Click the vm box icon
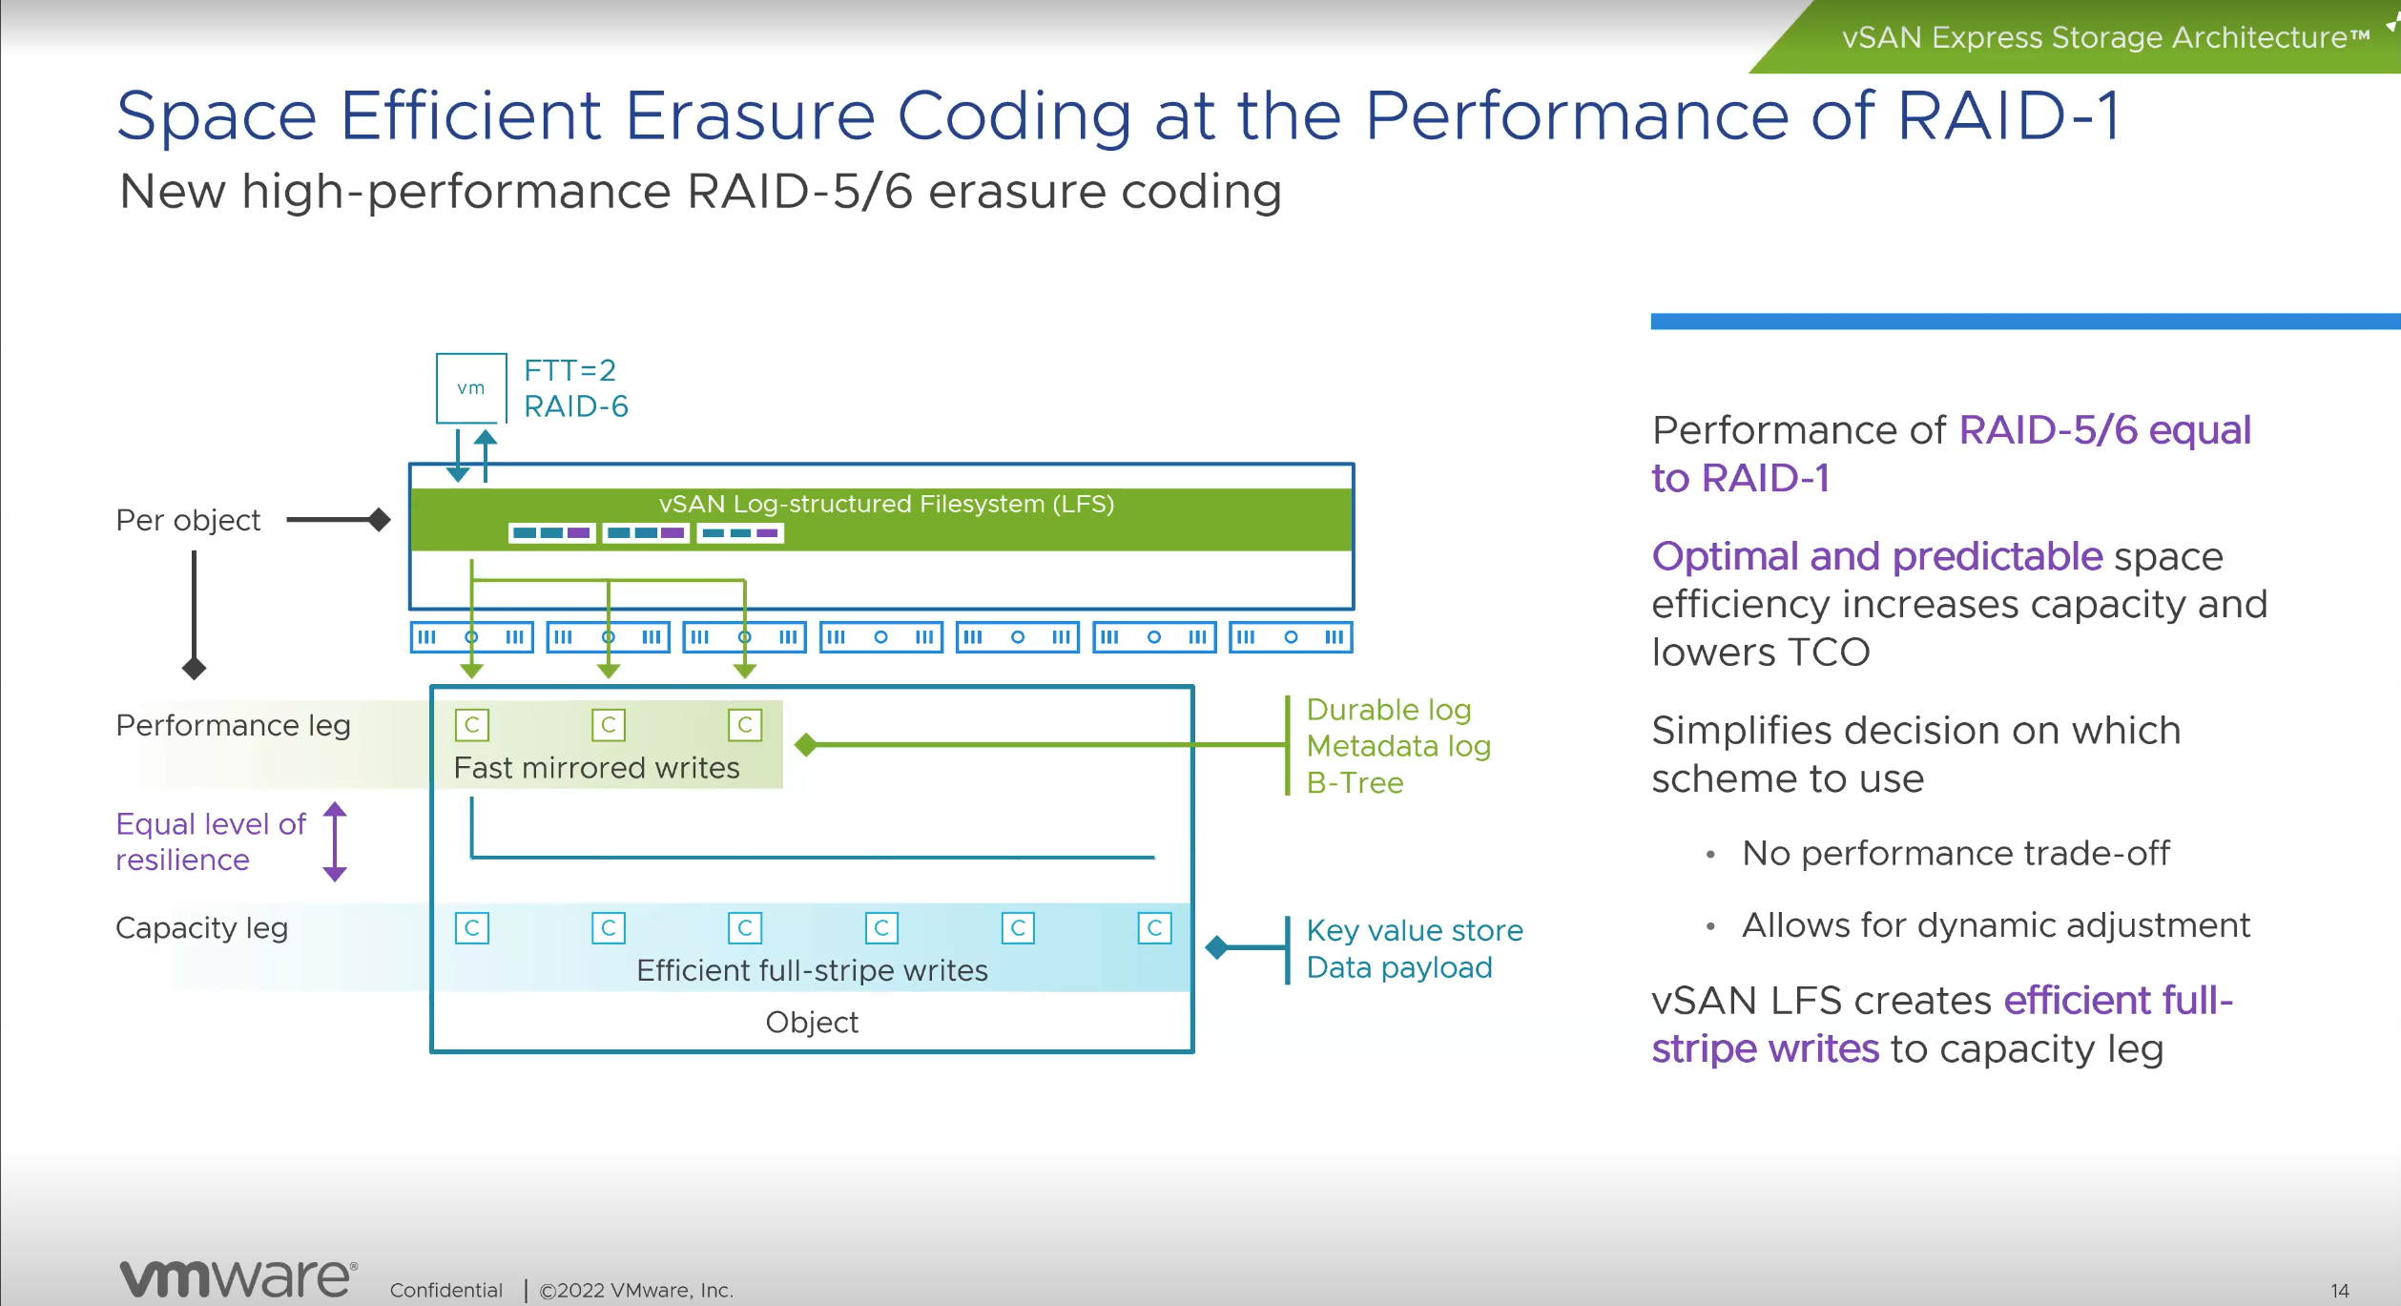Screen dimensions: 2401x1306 coord(471,388)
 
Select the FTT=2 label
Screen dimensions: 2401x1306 coord(570,370)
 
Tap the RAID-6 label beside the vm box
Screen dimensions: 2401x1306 coord(576,406)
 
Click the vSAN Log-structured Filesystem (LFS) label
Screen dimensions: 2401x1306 coord(886,504)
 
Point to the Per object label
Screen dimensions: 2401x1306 coord(188,521)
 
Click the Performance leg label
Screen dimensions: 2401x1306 coord(233,726)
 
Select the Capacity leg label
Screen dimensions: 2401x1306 coord(201,928)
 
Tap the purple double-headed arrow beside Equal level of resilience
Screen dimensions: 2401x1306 coord(335,841)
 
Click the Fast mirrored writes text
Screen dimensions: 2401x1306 coord(596,768)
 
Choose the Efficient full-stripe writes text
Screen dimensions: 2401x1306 coord(812,971)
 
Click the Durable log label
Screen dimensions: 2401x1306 coord(1389,711)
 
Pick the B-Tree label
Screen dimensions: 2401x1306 coord(1355,783)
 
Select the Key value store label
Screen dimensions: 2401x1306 coord(1415,931)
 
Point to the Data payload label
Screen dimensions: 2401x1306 coord(1399,968)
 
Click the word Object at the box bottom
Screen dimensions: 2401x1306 coord(812,1023)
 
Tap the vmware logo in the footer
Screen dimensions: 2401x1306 coord(238,1278)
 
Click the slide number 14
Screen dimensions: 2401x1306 coord(2340,1291)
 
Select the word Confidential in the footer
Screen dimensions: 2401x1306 coord(445,1291)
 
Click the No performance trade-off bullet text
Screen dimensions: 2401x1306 coord(1956,854)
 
